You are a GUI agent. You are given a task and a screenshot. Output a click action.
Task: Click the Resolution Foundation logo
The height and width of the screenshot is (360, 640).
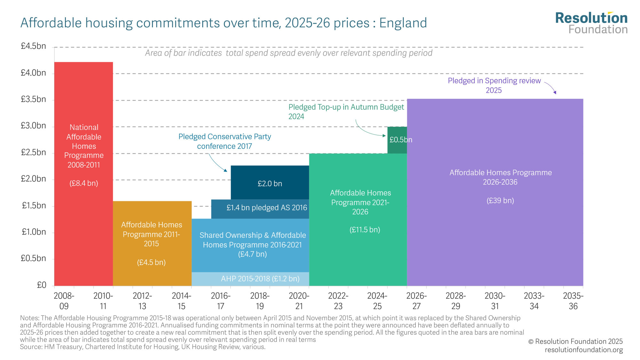click(591, 23)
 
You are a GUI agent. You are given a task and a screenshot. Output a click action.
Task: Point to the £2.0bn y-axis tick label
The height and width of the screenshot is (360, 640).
click(33, 179)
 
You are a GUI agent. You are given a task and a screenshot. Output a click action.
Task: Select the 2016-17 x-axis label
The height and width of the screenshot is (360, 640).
click(220, 301)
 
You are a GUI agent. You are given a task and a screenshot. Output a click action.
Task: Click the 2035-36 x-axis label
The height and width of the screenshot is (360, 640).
click(573, 301)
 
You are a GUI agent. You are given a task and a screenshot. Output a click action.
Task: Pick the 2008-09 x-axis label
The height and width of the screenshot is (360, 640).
click(64, 301)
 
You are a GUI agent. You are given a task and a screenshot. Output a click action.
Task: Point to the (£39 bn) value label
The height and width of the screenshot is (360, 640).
click(500, 201)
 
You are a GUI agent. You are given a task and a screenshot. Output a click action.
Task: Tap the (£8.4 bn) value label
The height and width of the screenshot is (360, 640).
click(84, 183)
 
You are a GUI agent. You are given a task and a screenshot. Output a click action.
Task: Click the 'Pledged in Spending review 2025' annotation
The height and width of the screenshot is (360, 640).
click(494, 85)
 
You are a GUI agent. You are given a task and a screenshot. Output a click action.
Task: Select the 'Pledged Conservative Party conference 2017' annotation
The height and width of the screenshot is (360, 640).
click(225, 141)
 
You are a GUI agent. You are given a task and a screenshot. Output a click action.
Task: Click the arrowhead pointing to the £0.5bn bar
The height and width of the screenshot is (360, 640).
click(384, 136)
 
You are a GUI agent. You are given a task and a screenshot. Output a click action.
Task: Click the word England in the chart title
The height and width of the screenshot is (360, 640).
click(403, 23)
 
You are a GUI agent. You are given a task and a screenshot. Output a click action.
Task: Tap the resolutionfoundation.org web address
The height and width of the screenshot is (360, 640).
click(584, 350)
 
